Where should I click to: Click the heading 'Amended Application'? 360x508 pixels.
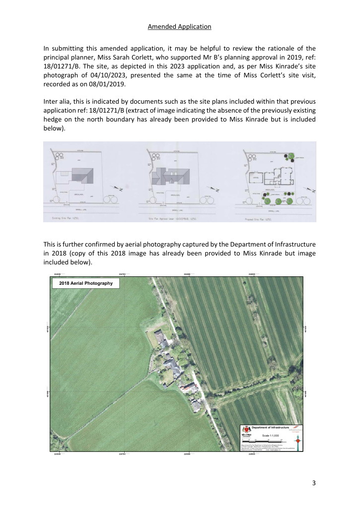pyautogui.click(x=180, y=27)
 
